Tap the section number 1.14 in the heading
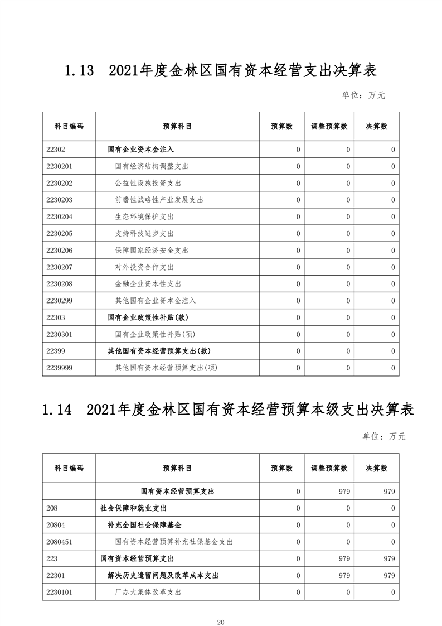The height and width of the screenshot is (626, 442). click(x=57, y=410)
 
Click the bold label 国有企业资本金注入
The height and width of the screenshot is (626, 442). click(x=140, y=150)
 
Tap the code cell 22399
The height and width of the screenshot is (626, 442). click(x=56, y=351)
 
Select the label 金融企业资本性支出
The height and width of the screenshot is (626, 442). click(x=148, y=284)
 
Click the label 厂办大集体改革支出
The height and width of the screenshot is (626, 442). click(x=148, y=593)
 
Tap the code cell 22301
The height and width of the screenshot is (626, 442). click(x=56, y=575)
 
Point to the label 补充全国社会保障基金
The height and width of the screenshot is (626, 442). click(x=144, y=525)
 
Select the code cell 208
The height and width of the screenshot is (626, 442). click(x=52, y=508)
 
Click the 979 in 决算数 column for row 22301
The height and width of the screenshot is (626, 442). click(x=388, y=575)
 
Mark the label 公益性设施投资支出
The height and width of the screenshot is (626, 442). click(x=148, y=183)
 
